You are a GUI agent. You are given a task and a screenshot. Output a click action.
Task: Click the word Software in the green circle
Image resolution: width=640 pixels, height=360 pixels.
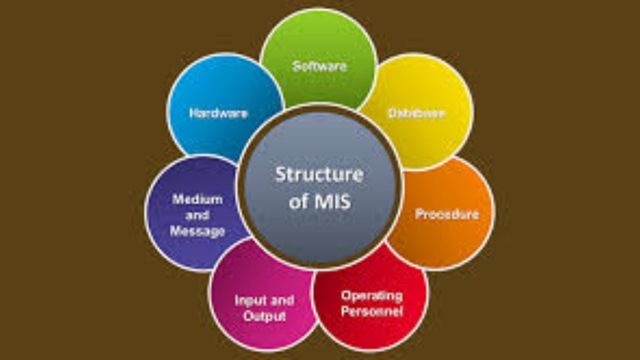point(319,66)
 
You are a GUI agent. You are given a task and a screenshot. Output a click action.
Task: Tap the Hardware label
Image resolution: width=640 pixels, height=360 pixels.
point(218,113)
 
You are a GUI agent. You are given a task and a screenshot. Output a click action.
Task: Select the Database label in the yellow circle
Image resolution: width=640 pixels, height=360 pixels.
point(417,113)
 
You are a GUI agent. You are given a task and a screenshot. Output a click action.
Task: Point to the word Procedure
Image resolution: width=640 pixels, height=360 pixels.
point(447,214)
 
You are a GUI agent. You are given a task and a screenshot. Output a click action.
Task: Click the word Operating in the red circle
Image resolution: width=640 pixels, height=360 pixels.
point(371,296)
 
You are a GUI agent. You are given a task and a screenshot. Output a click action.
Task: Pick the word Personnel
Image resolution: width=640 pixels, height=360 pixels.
point(371,311)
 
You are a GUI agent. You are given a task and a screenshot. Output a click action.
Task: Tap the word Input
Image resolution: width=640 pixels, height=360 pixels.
point(248,300)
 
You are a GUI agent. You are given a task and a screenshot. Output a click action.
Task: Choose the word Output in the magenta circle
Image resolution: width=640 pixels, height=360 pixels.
point(264,316)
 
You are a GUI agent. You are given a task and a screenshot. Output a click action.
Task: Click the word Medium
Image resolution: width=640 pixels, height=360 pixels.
point(197,199)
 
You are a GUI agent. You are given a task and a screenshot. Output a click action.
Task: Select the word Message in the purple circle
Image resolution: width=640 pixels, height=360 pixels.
point(197,231)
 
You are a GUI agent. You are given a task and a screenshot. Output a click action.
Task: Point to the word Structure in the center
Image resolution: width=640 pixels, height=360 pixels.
point(319,174)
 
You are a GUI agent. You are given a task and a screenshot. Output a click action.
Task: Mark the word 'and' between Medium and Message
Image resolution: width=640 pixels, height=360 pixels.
point(197,215)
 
